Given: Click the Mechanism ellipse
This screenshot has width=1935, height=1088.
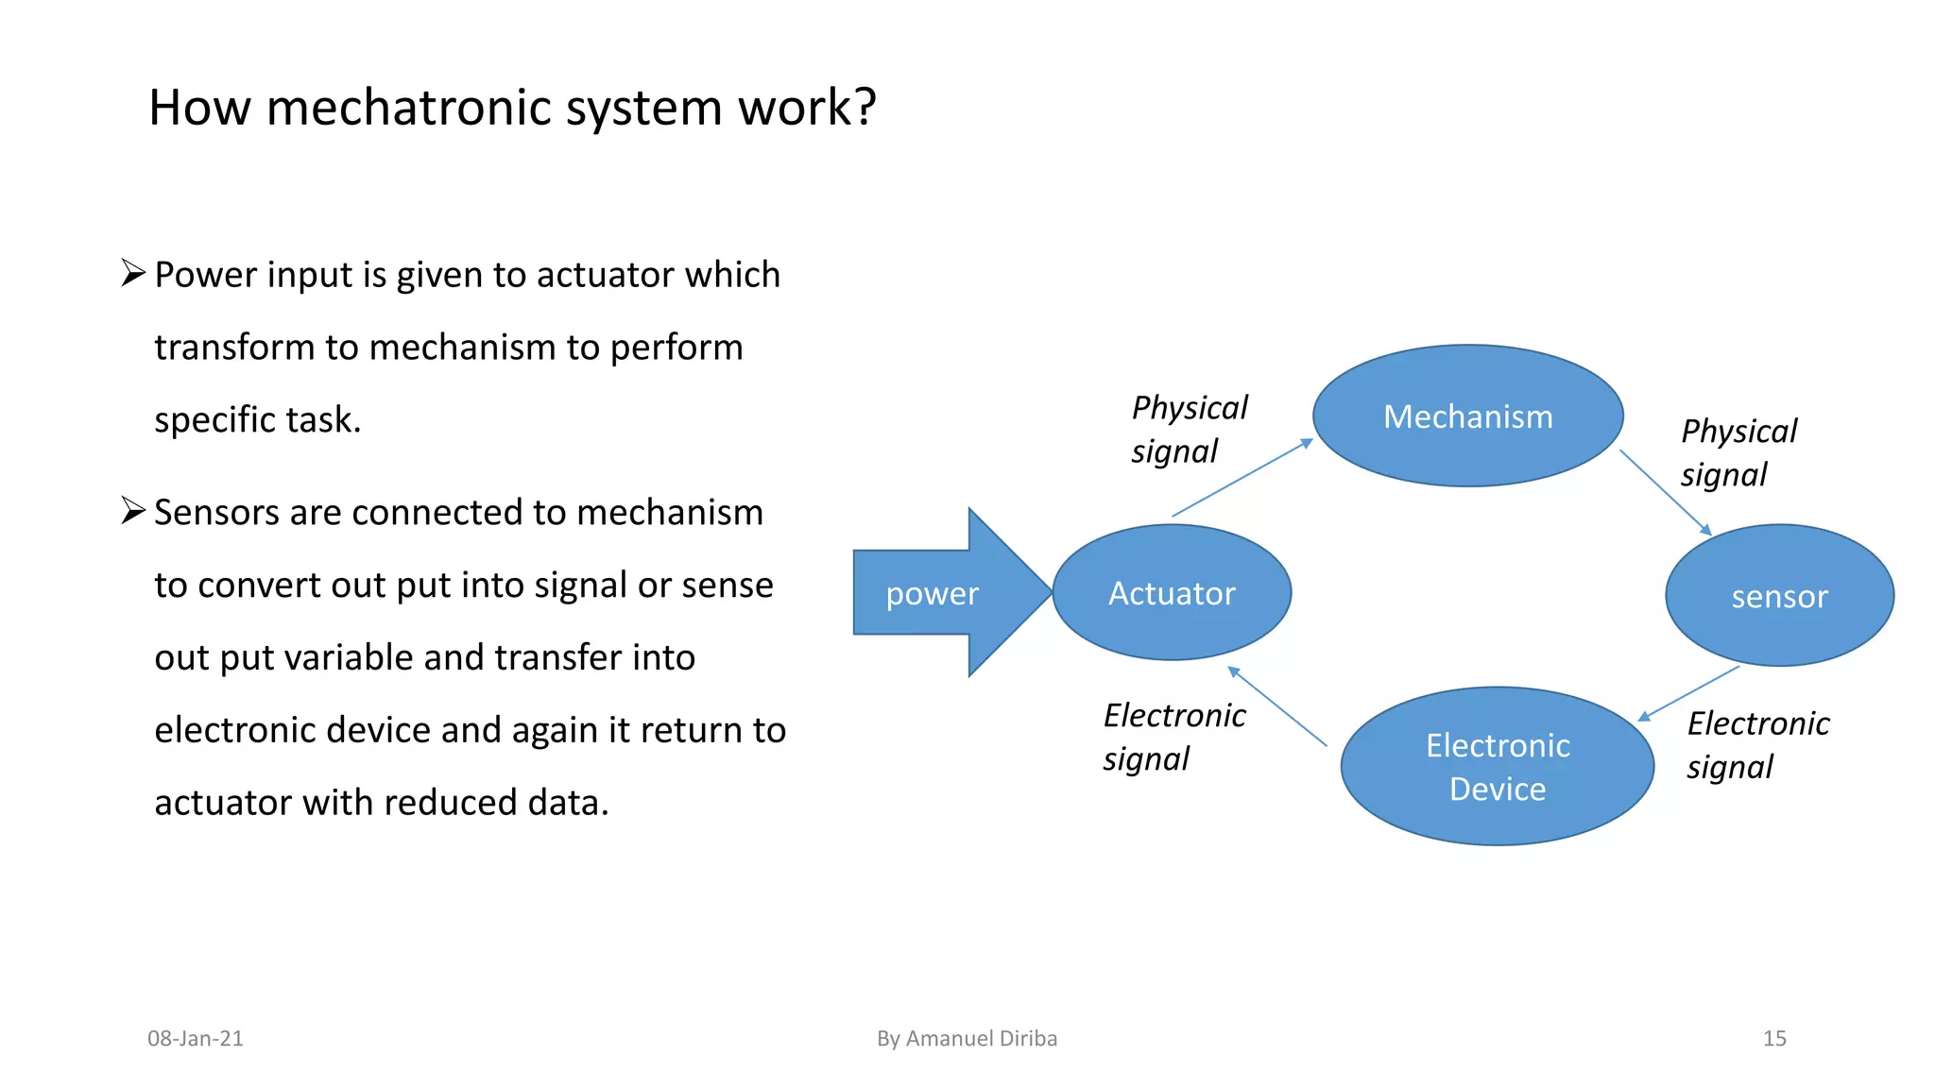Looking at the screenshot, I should (1467, 416).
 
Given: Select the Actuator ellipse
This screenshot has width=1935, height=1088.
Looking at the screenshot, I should (1172, 592).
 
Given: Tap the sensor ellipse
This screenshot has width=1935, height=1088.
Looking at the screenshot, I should (1779, 595).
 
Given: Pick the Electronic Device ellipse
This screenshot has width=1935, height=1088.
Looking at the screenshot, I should (1498, 766).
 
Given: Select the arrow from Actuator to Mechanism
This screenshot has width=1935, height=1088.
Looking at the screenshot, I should (1242, 478).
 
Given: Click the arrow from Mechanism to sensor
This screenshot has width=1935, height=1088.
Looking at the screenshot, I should (1665, 492).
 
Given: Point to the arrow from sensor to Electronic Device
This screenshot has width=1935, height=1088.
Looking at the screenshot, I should (1688, 693).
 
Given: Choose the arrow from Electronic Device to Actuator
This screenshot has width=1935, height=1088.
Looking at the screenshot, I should (1276, 706).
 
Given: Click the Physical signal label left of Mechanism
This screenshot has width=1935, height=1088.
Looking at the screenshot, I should (1189, 429).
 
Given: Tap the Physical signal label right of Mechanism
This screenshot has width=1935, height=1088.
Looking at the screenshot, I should (1738, 452).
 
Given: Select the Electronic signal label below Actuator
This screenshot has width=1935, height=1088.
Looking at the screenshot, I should (1173, 737).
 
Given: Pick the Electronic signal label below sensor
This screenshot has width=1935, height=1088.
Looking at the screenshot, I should (1757, 744).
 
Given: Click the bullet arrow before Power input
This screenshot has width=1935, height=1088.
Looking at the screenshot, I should (133, 274).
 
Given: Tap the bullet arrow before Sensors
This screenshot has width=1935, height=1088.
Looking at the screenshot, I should (133, 511).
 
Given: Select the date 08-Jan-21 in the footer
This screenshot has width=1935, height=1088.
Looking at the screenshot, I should (196, 1038).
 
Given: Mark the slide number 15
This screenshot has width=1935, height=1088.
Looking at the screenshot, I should (1773, 1038).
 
